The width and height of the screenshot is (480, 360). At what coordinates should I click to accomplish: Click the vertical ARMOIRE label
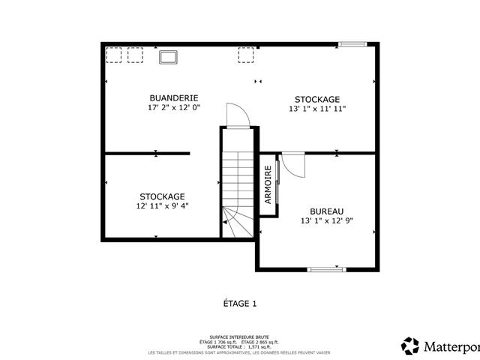click(268, 185)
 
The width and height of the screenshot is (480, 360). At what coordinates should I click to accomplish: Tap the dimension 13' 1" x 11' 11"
click(316, 109)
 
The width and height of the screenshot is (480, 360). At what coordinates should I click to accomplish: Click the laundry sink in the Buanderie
click(167, 56)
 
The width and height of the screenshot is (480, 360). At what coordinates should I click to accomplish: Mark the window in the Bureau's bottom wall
click(327, 268)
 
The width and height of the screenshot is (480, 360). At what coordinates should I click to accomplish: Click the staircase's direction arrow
click(223, 222)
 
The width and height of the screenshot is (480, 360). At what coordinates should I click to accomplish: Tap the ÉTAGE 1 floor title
click(240, 304)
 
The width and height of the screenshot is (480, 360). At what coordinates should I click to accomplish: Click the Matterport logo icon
click(410, 346)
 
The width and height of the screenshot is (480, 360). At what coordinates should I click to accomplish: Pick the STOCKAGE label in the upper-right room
click(316, 99)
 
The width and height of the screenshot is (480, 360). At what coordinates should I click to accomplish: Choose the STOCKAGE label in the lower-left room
click(161, 196)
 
